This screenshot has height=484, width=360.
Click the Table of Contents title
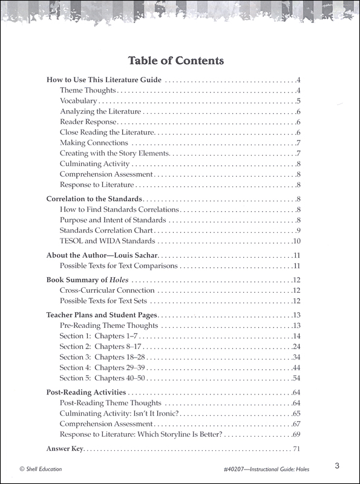[176, 60]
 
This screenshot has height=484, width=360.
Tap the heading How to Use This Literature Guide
[104, 80]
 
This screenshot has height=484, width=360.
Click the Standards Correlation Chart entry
[106, 231]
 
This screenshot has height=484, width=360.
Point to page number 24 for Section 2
[296, 347]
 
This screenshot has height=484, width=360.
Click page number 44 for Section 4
[296, 368]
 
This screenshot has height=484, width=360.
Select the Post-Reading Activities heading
[87, 392]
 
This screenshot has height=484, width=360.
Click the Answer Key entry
[65, 449]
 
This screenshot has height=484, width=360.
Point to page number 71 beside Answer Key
[296, 449]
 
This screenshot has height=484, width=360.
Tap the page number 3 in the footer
[336, 466]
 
